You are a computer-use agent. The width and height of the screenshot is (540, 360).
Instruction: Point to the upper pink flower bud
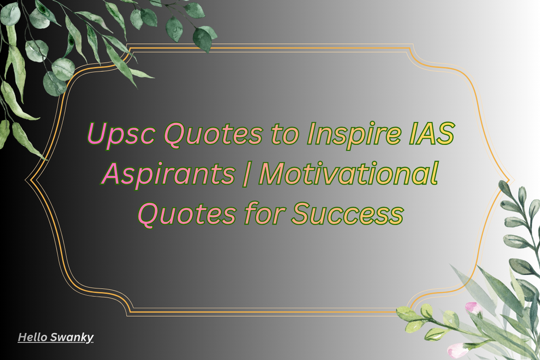pos(472,307)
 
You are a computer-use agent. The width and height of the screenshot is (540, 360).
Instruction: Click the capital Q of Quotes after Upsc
pos(174,135)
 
